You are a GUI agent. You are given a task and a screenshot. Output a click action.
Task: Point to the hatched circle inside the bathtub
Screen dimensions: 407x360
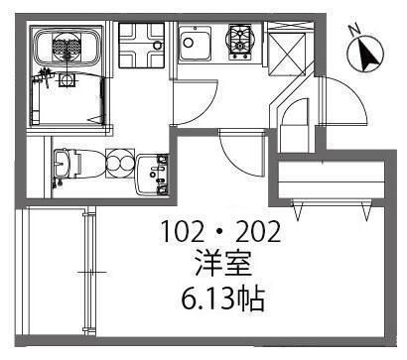click(x=66, y=46)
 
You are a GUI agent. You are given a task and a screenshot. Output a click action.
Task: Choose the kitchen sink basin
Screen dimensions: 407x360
click(x=194, y=43)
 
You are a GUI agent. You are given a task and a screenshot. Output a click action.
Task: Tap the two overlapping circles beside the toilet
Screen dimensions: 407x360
click(x=116, y=164)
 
